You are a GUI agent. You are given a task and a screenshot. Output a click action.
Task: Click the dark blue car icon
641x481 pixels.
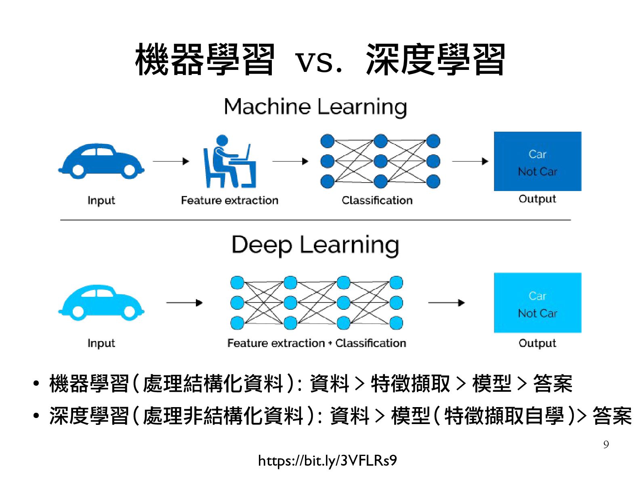[101, 161]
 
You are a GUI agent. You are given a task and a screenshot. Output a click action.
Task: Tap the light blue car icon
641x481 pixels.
[101, 302]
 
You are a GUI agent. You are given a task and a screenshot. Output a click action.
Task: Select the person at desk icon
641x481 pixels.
[229, 162]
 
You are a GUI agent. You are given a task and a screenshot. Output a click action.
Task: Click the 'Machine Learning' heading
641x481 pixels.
[315, 107]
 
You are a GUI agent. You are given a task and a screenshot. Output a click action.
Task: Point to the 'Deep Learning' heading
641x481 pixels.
[315, 245]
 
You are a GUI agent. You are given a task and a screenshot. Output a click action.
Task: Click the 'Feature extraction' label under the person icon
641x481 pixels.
[229, 200]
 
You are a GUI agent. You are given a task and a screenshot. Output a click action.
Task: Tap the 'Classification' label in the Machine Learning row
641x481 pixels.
[377, 200]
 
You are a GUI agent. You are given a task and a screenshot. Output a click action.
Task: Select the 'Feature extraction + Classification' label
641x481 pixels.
[316, 343]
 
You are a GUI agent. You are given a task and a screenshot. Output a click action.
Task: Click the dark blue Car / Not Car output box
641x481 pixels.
[537, 161]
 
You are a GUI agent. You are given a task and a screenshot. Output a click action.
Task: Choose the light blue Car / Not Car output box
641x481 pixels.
[537, 302]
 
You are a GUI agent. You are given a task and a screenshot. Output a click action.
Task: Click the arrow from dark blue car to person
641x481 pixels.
[171, 161]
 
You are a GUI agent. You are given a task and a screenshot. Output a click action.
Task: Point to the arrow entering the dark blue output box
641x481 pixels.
[470, 161]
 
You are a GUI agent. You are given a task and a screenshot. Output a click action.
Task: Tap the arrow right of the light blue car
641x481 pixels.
[184, 302]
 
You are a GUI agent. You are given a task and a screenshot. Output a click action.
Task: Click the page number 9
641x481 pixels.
[606, 445]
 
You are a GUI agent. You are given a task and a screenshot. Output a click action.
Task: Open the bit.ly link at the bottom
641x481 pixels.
[327, 461]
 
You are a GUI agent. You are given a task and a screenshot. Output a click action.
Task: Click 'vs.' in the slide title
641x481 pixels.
[319, 61]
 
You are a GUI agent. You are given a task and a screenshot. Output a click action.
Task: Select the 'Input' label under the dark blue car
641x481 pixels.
[101, 201]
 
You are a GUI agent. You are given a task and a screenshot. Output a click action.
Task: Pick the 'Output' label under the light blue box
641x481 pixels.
[537, 343]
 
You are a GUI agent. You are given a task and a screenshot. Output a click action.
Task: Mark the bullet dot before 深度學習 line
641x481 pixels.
[36, 416]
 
